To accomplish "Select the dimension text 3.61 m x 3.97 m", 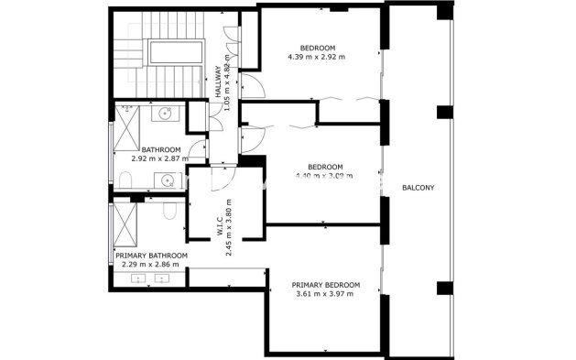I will [x=325, y=294].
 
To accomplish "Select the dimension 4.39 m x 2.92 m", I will [x=317, y=57].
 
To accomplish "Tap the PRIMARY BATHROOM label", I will [x=151, y=256].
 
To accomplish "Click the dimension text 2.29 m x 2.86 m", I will [x=151, y=265].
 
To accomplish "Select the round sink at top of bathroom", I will [x=166, y=115].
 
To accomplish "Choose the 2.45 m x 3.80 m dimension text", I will [x=230, y=225].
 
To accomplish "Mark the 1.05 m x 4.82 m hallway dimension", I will [x=227, y=81].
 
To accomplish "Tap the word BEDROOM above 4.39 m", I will [x=317, y=48].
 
